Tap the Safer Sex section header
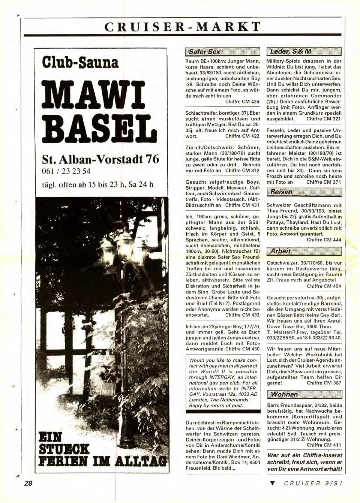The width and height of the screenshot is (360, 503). [x=204, y=52]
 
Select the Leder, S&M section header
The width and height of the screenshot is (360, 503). [x=289, y=52]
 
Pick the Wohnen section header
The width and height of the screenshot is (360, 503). [x=284, y=394]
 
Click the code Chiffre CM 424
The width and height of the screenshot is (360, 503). [x=242, y=102]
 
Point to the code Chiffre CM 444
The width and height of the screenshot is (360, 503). [x=324, y=240]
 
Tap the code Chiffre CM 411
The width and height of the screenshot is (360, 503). [x=324, y=445]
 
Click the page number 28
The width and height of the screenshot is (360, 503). [x=28, y=483]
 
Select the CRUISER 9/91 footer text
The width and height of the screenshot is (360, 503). [x=313, y=484]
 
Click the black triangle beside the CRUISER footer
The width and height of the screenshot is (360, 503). [x=273, y=484]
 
